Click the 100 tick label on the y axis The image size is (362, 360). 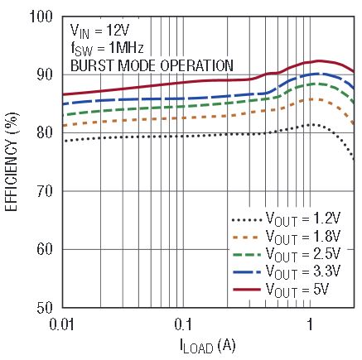(x=41, y=17)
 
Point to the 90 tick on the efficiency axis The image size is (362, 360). (x=45, y=75)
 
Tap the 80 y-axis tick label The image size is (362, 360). (x=45, y=133)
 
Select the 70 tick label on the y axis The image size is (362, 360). (x=45, y=191)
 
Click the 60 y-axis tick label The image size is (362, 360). (x=45, y=250)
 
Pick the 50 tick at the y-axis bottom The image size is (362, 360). (x=45, y=308)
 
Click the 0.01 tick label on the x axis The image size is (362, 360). (x=62, y=324)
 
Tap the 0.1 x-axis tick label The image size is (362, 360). (x=183, y=324)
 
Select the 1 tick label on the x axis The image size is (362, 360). (x=310, y=324)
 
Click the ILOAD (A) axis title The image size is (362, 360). (x=208, y=346)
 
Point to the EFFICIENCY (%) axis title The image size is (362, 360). (x=12, y=161)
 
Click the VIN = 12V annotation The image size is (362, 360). (x=99, y=31)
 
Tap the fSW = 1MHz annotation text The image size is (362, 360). (x=107, y=49)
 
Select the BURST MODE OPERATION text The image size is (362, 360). (x=152, y=66)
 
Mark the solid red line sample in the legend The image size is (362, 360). (x=247, y=290)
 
